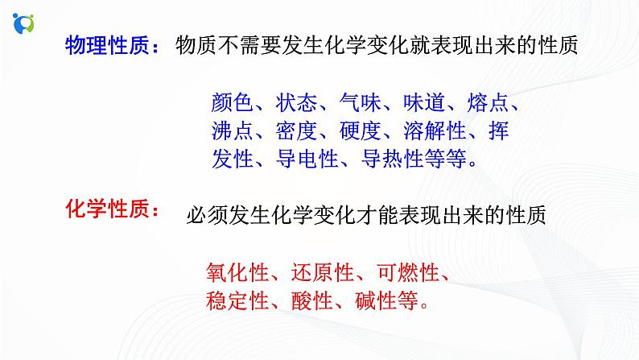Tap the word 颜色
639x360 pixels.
click(233, 102)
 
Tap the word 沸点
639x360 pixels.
click(233, 130)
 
